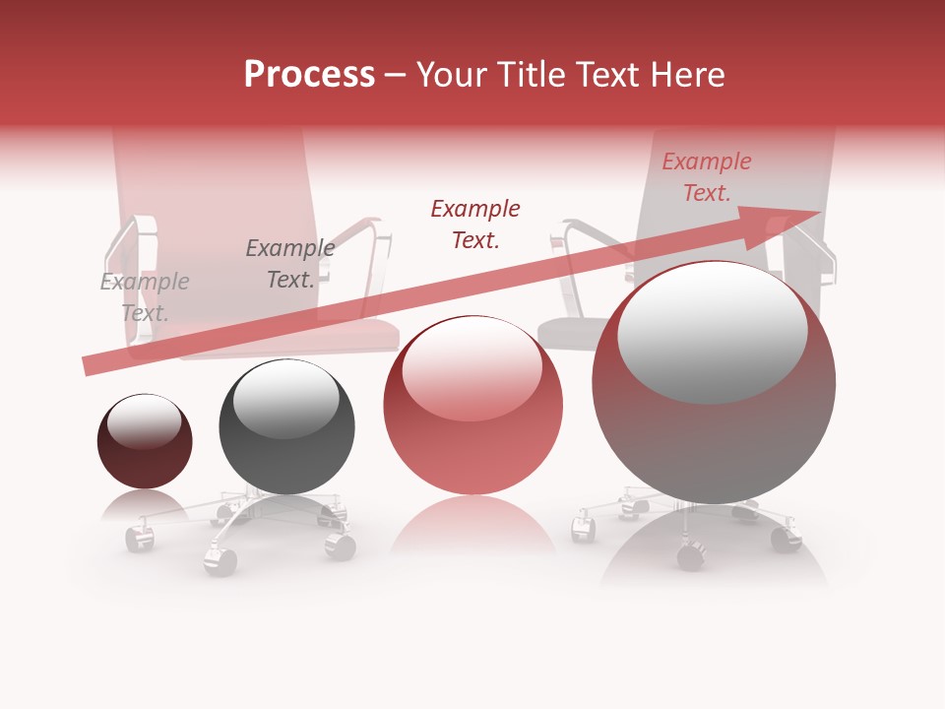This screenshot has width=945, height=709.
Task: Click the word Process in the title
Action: [x=309, y=75]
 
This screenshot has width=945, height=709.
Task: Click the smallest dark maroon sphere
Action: [x=145, y=442]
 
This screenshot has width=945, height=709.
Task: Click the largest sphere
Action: [x=714, y=384]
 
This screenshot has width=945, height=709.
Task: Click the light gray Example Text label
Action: [x=145, y=297]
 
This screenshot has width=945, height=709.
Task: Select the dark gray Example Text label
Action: [x=289, y=264]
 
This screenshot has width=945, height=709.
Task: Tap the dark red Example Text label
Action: [x=475, y=224]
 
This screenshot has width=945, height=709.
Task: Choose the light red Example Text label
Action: [x=706, y=177]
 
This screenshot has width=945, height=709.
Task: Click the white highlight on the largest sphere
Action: [x=713, y=332]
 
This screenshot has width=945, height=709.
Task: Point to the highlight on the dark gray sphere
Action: [x=286, y=399]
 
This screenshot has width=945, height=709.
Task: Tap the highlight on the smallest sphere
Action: [x=145, y=421]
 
